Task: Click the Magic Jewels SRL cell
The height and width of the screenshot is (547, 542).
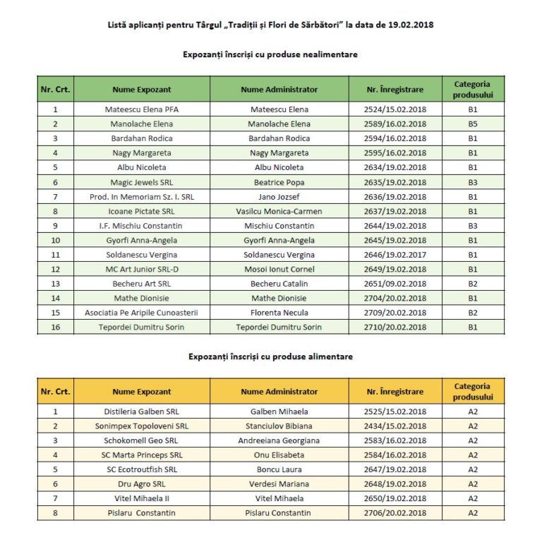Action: (141, 182)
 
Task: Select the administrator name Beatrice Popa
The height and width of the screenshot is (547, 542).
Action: (279, 182)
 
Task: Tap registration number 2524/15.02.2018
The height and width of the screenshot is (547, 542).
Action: (396, 109)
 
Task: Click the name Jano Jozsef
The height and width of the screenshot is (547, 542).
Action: (279, 197)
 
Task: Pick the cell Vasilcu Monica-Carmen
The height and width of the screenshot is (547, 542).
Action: (279, 211)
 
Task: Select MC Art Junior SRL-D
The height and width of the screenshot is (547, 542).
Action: (141, 269)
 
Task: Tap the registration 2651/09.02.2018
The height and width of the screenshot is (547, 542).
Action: (396, 284)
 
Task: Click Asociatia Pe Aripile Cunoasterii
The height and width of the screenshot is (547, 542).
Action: (141, 313)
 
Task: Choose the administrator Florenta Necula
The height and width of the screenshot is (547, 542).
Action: (279, 313)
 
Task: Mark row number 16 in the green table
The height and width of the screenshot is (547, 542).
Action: (55, 327)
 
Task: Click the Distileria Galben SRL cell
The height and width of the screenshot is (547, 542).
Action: (141, 411)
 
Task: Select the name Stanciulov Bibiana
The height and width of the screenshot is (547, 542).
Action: (279, 426)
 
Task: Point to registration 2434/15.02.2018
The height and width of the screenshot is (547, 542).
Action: (396, 426)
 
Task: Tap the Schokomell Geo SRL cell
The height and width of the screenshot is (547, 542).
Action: (141, 440)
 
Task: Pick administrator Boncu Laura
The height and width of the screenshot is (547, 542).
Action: (279, 469)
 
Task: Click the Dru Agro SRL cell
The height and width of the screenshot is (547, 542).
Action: (141, 484)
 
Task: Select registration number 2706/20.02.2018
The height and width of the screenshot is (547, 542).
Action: (396, 513)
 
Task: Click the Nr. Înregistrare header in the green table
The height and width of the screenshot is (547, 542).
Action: (396, 90)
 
